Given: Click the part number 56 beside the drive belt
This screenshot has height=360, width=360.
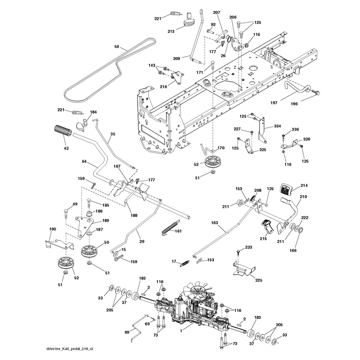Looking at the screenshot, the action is click(x=117, y=47).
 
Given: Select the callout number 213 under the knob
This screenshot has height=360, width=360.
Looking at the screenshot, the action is click(x=171, y=31).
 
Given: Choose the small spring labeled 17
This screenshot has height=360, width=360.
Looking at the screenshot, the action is click(x=184, y=263).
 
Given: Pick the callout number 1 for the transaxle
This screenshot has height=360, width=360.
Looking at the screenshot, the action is click(x=181, y=331).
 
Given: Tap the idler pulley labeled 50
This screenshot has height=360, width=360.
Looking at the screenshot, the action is click(x=89, y=252).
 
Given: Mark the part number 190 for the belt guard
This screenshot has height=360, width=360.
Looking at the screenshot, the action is click(x=53, y=229).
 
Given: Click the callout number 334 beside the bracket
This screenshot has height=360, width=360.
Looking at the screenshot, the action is click(x=277, y=126).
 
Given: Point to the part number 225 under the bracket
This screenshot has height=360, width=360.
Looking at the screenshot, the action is click(x=258, y=280).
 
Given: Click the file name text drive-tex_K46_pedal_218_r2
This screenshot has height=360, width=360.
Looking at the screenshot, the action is click(x=70, y=349).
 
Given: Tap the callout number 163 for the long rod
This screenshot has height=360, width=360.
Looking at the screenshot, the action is click(x=215, y=223).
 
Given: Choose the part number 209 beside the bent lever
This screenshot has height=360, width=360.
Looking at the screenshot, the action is click(x=176, y=58).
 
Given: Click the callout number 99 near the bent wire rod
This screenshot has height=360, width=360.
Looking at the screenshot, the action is click(x=127, y=332).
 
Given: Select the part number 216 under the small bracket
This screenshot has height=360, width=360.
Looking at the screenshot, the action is click(x=163, y=86).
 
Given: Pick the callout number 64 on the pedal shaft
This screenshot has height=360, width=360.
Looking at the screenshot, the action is click(x=84, y=162).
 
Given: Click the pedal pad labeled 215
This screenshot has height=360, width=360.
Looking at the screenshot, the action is click(x=267, y=227).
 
